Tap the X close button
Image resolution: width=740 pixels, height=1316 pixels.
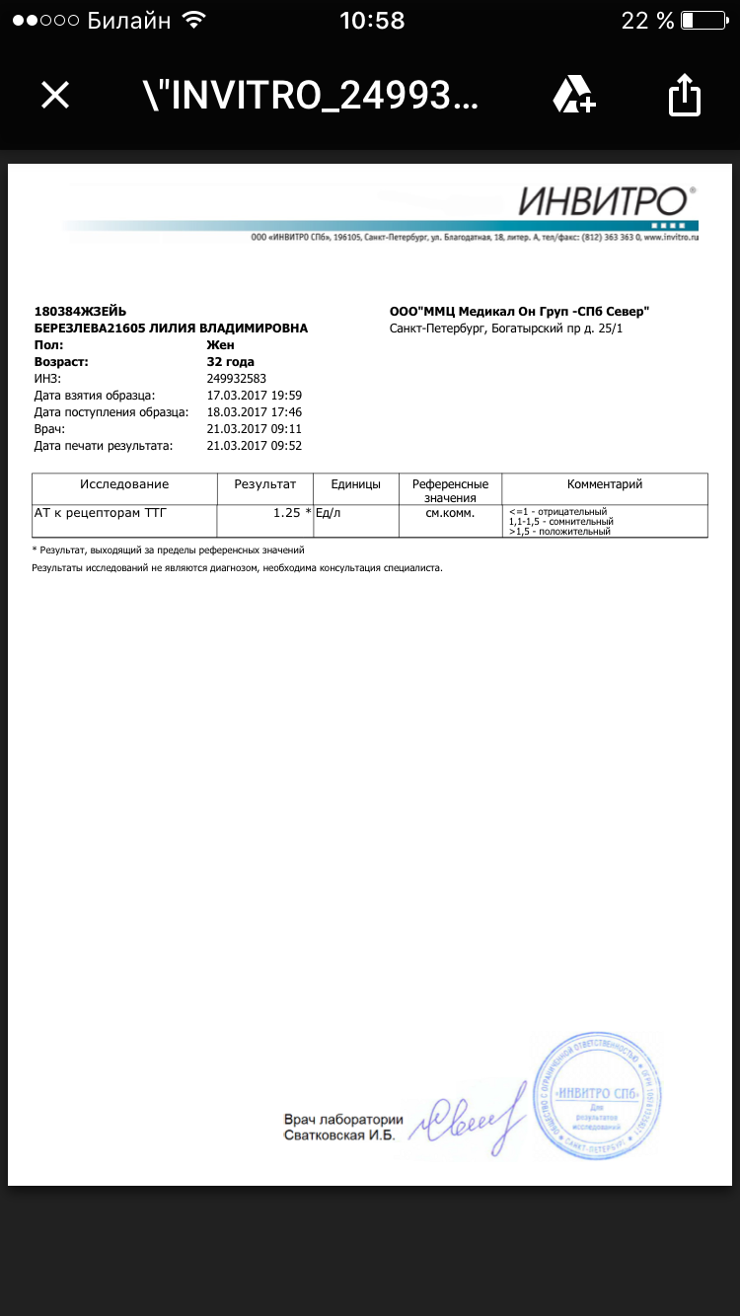coord(55,95)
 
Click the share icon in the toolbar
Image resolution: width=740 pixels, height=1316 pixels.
coord(684,96)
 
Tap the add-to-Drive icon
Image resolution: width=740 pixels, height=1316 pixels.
coord(573,95)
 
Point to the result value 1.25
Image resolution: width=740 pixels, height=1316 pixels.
coord(287,513)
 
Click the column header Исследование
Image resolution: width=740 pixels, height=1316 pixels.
coord(124,484)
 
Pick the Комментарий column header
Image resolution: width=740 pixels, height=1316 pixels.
coord(604,484)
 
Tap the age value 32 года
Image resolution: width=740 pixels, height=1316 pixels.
coord(230,362)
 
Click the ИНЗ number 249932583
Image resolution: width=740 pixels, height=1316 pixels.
coord(237,379)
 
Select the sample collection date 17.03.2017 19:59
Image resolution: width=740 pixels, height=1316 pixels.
coord(255,396)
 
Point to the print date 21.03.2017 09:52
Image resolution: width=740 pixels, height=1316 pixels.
coord(255,446)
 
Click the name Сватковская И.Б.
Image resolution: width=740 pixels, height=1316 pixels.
coord(338,1136)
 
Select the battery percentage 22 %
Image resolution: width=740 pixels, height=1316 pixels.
coord(647,21)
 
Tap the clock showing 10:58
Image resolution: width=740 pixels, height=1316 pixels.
coord(372,21)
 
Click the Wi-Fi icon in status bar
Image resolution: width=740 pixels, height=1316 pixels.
coord(194,21)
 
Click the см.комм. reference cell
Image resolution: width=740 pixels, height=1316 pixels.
coord(450,513)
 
